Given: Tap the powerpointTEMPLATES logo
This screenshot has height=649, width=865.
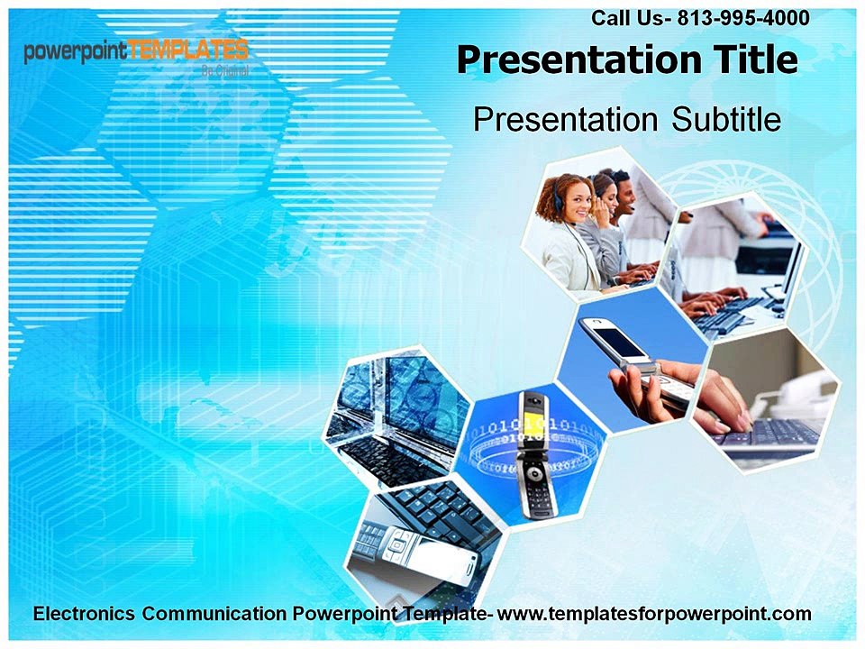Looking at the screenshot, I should coord(135,52).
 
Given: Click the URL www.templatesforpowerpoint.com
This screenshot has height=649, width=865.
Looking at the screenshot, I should coord(655,614).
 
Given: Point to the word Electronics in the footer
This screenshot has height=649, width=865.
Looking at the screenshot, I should coord(86,614).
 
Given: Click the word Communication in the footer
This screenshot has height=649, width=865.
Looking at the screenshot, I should coord(216,614).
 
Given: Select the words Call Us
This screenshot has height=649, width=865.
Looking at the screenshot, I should coord(626,17).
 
